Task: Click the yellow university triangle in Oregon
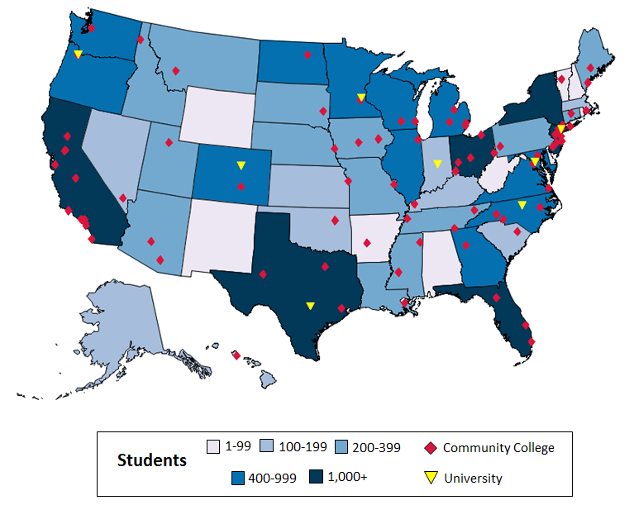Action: pos(78,55)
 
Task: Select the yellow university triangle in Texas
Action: pos(310,306)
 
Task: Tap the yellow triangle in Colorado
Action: pos(241,165)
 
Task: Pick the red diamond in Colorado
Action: pos(241,186)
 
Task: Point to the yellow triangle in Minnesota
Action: pos(361,98)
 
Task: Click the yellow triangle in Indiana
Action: pos(437,164)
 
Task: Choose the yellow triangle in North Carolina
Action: pos(522,205)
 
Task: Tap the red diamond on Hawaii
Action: pos(236,355)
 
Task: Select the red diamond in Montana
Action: pos(176,70)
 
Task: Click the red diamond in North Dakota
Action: pos(307,55)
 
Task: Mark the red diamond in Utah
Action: pos(169,142)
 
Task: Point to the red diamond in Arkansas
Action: pos(366,244)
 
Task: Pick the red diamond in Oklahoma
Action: pos(335,220)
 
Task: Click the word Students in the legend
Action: pos(152,460)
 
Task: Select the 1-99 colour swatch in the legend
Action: pos(212,447)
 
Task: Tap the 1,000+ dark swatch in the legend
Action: pos(317,477)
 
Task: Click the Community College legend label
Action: pos(498,448)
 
